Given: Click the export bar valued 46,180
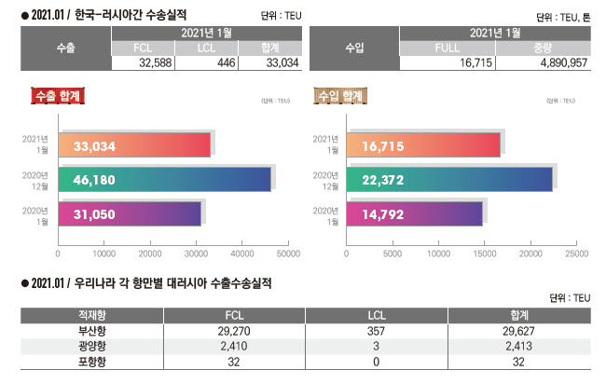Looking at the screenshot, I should (164, 180).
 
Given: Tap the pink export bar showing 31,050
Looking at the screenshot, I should (130, 214).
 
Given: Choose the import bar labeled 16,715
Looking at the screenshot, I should (422, 145).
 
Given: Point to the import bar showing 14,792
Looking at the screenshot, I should (414, 214).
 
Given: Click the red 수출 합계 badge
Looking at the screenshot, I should (59, 95).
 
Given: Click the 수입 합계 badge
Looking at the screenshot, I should (340, 95).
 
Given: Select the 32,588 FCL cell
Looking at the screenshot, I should (143, 62).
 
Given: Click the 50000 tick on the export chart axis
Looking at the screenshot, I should (288, 253).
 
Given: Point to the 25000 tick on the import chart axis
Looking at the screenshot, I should (576, 253).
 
